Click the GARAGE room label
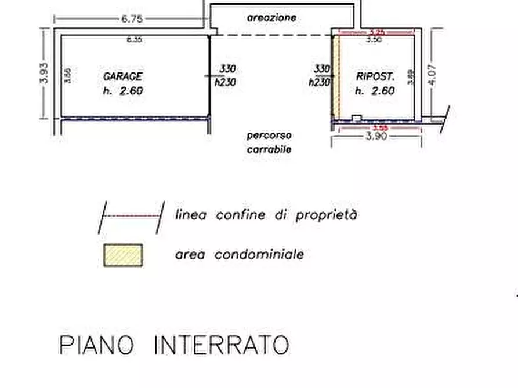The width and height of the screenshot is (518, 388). click(122, 76)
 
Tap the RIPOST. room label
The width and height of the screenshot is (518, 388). click(375, 76)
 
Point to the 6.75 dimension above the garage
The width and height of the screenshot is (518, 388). click(132, 19)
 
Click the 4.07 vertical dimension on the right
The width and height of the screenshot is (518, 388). click(432, 75)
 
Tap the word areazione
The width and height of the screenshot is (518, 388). click(271, 18)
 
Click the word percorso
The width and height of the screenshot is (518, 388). click(269, 136)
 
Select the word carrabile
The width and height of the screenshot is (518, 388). click(269, 149)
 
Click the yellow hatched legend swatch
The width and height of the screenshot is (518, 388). click(123, 255)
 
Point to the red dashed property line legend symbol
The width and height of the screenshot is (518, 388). click(132, 216)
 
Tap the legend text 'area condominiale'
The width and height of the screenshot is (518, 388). click(239, 255)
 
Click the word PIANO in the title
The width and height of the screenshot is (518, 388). click(96, 345)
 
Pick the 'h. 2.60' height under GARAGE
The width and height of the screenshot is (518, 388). click(123, 91)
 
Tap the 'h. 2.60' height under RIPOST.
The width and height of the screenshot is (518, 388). click(375, 91)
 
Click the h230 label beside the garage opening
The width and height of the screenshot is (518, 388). click(225, 82)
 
